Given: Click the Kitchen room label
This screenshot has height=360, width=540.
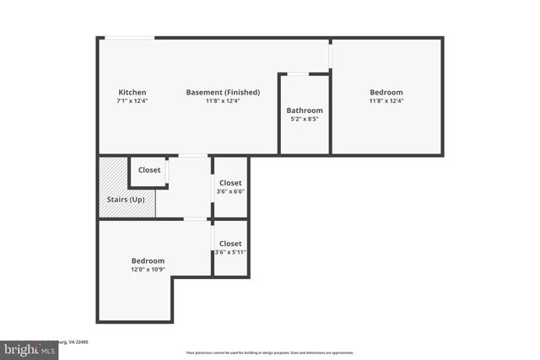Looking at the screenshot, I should click(132, 92).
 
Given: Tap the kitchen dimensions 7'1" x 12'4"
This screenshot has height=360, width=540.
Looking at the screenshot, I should click(132, 101).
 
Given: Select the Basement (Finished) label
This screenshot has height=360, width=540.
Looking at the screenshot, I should click(223, 92).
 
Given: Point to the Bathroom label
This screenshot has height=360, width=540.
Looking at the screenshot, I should click(304, 110).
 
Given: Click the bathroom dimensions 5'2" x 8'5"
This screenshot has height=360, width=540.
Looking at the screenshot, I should click(304, 120).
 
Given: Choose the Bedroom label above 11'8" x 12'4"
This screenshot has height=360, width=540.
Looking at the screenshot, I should click(386, 92).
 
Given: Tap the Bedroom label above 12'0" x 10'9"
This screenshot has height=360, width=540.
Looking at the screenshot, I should click(148, 261).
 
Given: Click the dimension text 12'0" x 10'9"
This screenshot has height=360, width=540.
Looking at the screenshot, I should click(148, 270).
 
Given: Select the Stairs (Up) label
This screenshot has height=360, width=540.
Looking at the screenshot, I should click(126, 200).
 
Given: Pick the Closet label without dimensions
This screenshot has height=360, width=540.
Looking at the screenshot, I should click(149, 170).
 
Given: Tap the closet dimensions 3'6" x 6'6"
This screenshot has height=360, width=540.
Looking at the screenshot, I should click(230, 192).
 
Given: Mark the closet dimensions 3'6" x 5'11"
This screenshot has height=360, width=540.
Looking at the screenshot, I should click(230, 252).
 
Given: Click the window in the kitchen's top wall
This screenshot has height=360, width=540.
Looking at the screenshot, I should click(129, 37).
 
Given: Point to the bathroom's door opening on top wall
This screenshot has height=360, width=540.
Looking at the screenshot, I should click(298, 74).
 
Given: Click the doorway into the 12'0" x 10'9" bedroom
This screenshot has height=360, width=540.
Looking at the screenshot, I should click(196, 219).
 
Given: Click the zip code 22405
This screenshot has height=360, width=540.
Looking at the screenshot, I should click(81, 342).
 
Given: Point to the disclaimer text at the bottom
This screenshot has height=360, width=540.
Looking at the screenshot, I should click(269, 353).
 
